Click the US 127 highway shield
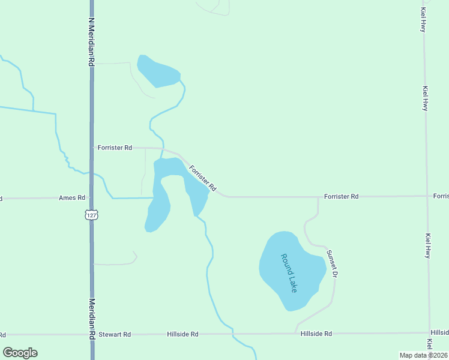coord(91,215)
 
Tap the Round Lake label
coord(289,273)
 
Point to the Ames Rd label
coord(72,197)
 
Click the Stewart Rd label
coord(115,334)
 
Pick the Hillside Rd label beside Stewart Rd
coord(182,334)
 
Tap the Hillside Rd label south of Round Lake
coord(316,334)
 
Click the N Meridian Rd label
coord(92,41)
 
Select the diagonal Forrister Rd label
coord(202,178)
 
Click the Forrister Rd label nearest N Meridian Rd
coord(115,147)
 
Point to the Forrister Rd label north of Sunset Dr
coord(341,196)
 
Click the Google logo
coord(20,353)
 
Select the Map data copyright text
coord(423,355)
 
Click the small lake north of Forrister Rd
coord(158,71)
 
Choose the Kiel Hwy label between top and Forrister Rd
coord(425,98)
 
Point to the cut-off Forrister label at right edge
coord(441,196)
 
